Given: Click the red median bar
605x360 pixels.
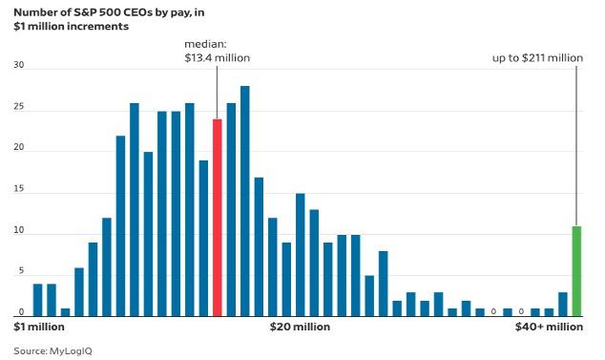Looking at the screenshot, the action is point(218,218).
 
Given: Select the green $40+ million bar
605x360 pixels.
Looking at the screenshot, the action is point(576,271).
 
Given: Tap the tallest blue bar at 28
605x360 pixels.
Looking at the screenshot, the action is point(245,201).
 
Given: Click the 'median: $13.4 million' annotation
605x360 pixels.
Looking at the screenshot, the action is point(218,51).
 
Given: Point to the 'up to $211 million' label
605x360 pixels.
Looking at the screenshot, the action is point(537,58).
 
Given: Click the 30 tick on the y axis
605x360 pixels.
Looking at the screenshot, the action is point(18,65).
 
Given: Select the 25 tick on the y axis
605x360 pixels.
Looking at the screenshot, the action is point(18,107).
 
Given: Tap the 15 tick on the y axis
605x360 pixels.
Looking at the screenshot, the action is point(18,189).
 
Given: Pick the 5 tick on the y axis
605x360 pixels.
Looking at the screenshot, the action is point(21,271).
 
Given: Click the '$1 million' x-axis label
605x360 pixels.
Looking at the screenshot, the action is point(39,327).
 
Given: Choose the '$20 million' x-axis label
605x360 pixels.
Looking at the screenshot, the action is point(300,327).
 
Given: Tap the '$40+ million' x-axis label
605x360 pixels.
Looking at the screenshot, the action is point(549,327).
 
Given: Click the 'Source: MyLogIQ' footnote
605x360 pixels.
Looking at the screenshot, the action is point(52,351).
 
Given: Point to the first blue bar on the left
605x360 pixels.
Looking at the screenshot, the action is point(37,300).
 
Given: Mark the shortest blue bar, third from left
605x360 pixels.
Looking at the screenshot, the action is point(65,312).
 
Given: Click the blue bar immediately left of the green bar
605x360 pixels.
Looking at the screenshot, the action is point(563,305).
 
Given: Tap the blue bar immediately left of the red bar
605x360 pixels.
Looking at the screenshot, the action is point(203,239).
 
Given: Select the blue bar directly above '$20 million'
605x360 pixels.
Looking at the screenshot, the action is point(301,255).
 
